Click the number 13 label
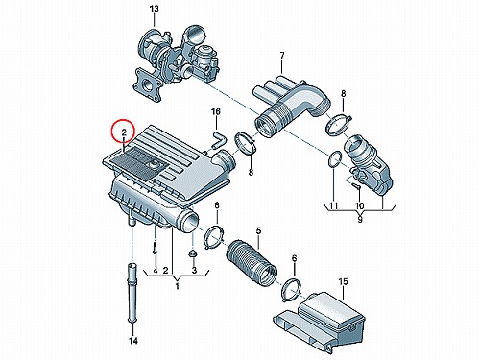(154, 9)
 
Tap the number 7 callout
(282, 56)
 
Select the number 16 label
(216, 111)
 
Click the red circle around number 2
(124, 132)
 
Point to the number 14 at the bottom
(133, 341)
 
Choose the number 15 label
(343, 282)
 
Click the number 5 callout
(258, 230)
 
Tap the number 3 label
(194, 270)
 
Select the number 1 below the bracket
(178, 286)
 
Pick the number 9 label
(360, 220)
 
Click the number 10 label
(359, 205)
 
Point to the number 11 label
(333, 205)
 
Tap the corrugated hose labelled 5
(252, 262)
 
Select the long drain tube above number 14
(132, 292)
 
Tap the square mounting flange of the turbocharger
(147, 84)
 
